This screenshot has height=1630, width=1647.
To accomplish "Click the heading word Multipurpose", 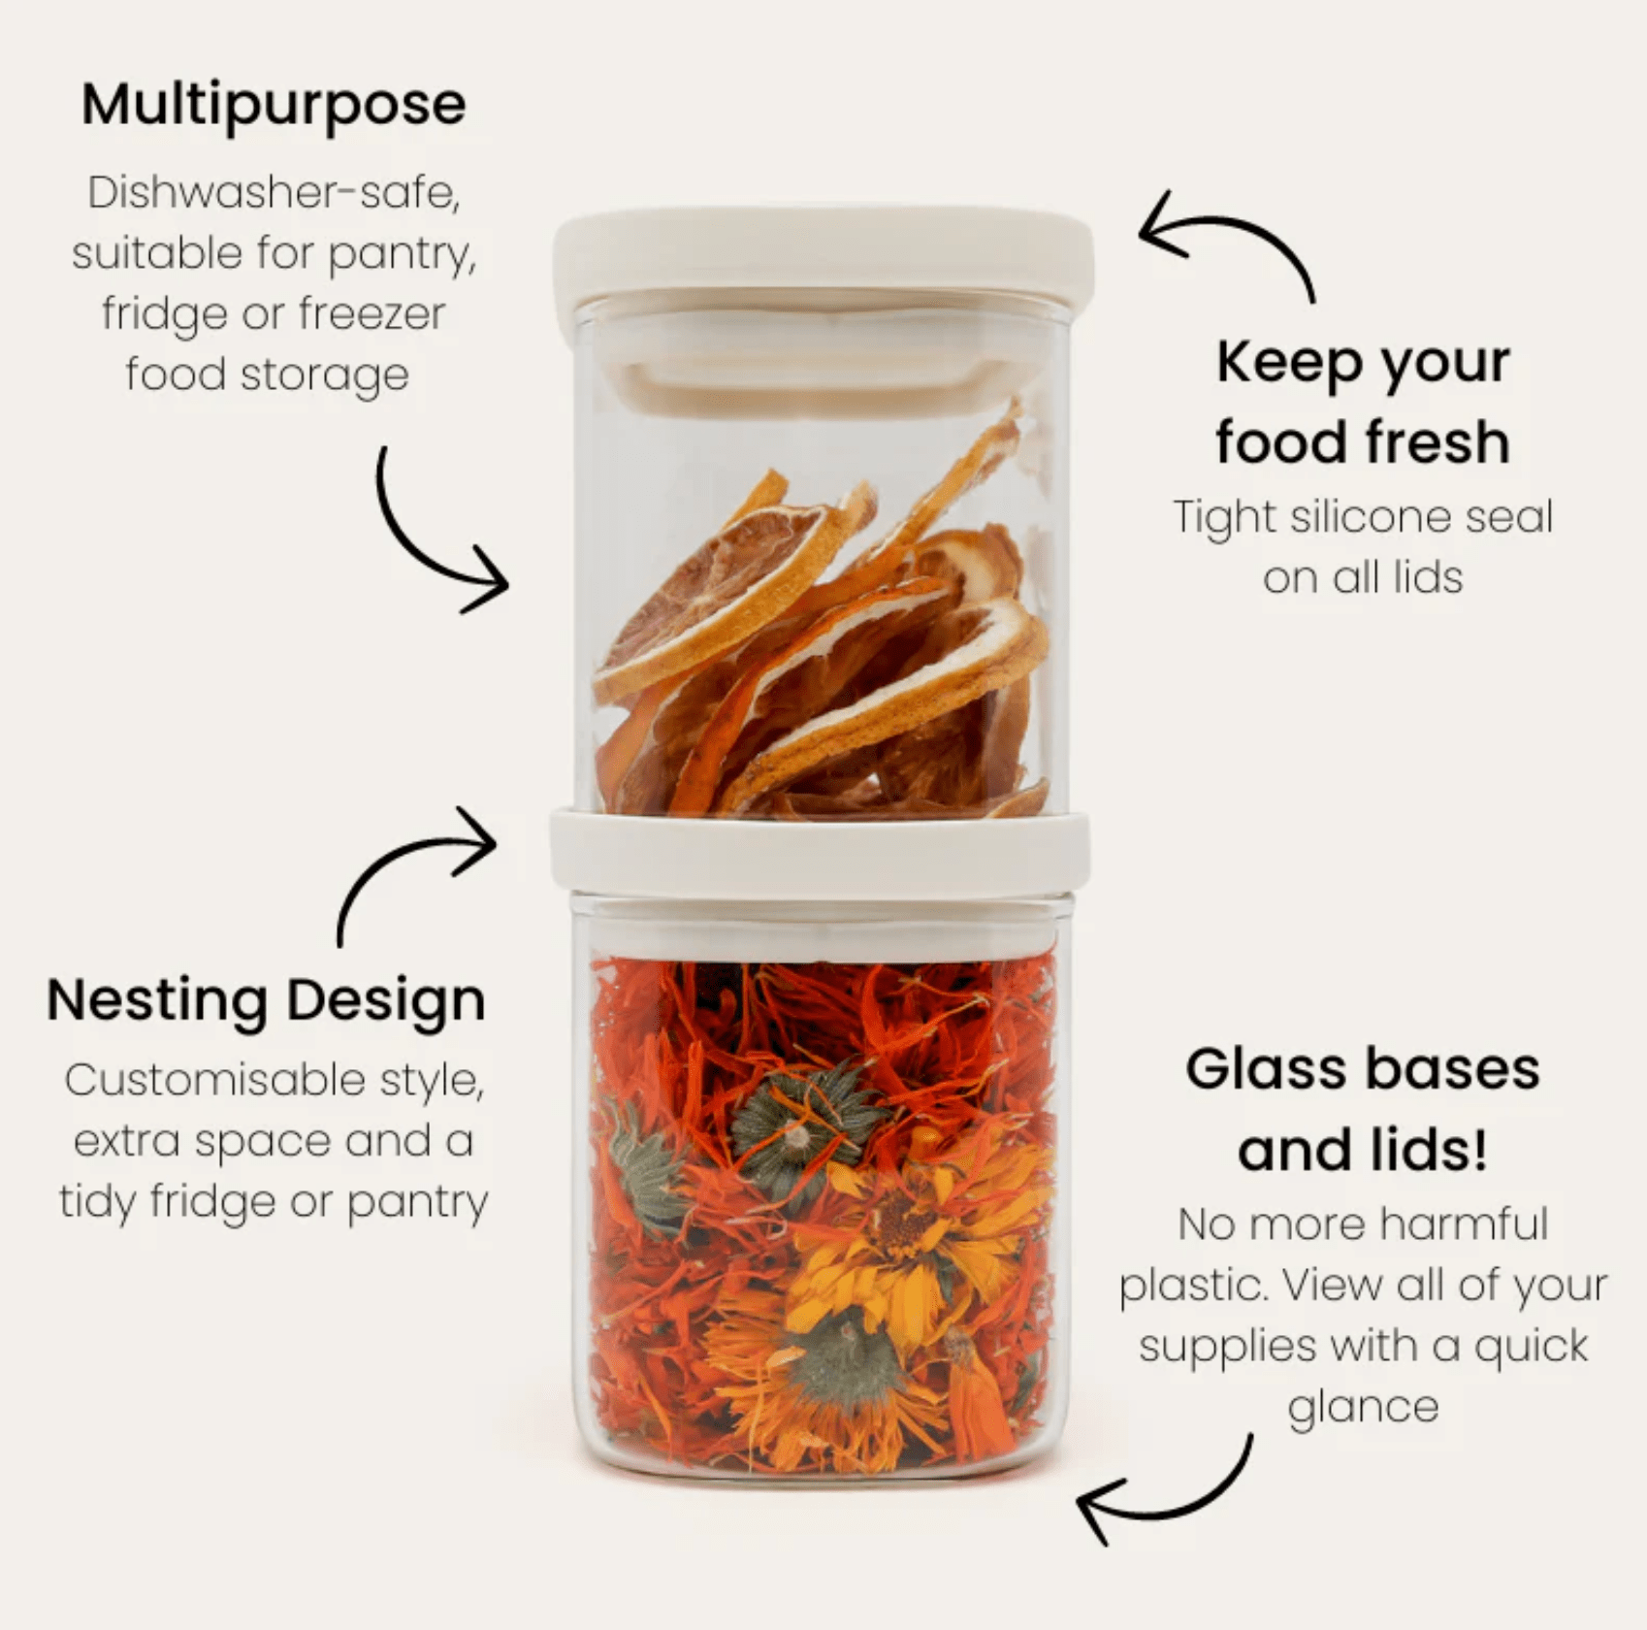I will [x=274, y=106].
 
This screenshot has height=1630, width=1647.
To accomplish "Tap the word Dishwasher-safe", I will [x=274, y=193].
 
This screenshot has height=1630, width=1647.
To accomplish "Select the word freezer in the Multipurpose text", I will [x=371, y=314].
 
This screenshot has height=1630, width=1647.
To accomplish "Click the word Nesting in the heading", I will [x=157, y=1001].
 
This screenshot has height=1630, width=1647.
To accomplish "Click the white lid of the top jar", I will [x=823, y=252].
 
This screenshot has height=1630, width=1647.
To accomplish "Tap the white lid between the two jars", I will [x=820, y=854].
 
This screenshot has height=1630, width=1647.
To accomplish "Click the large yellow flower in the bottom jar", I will [x=907, y=1232].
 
